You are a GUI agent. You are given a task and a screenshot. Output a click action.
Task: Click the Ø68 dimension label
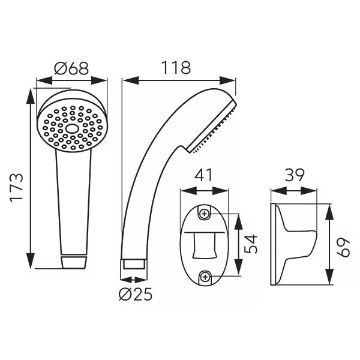coord(71,68)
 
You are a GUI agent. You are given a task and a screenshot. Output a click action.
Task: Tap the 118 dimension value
coord(176,68)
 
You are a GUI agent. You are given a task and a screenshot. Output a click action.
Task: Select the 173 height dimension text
coord(17,188)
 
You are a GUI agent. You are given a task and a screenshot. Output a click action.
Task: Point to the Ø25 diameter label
coord(136,295)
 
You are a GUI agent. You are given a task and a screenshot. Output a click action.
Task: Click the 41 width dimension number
coord(204,176)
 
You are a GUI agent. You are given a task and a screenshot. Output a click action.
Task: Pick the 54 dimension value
coord(251,244)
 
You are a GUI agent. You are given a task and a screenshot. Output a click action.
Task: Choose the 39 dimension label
coord(295,175)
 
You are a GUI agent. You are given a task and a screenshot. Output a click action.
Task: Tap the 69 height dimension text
coord(343,247)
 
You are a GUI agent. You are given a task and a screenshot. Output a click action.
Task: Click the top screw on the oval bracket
coord(205,214)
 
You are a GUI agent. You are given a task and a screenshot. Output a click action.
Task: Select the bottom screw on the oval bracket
coord(205,277)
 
